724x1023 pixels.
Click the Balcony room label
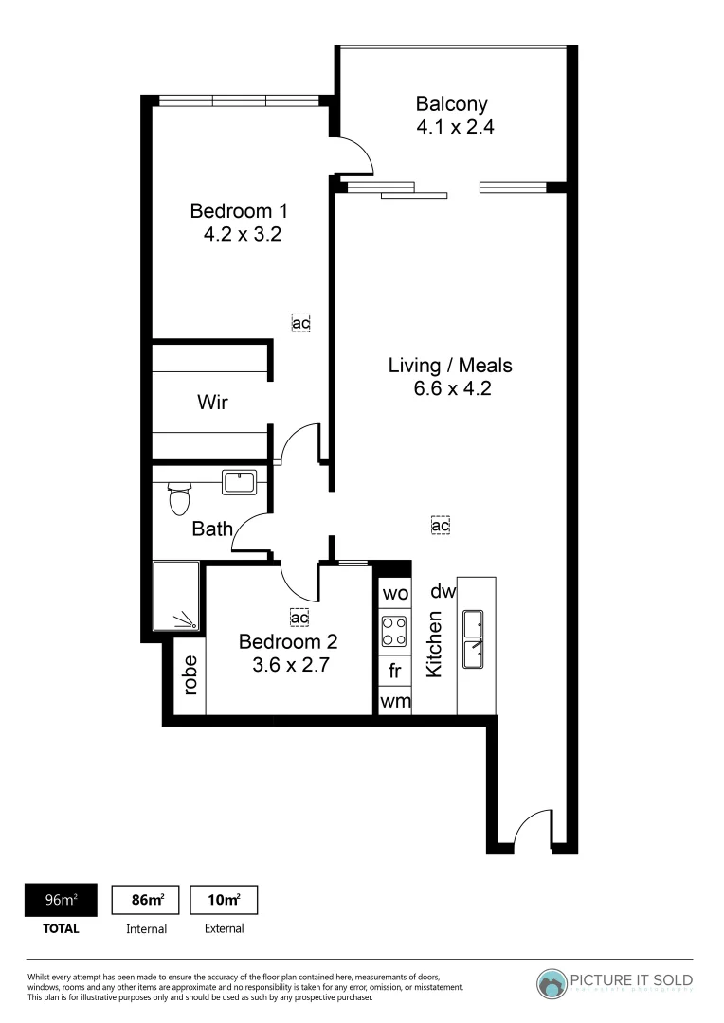[451, 104]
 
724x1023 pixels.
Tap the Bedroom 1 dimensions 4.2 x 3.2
[243, 233]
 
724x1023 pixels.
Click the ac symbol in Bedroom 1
[300, 323]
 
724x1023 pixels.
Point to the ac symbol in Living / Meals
[440, 525]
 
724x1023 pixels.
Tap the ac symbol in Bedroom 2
[300, 618]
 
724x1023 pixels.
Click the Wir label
[212, 402]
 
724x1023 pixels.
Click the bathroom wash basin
[237, 482]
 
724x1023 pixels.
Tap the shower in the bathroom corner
[177, 597]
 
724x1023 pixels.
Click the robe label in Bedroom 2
[190, 675]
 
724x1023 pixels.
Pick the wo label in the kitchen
[394, 594]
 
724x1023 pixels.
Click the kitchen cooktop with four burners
[394, 632]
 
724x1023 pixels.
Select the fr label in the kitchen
[394, 671]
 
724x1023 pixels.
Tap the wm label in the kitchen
[394, 701]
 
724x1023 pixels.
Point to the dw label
[443, 592]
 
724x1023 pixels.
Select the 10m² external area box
[225, 899]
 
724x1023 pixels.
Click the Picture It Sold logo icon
[552, 983]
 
